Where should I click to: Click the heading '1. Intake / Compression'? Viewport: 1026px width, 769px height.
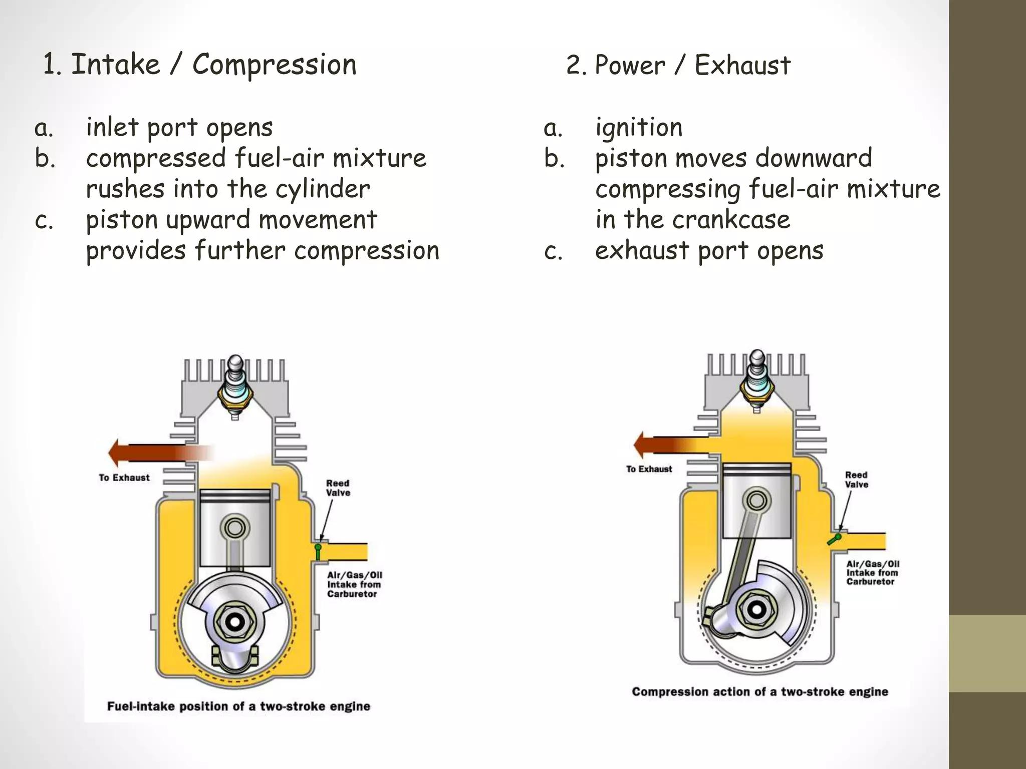coord(199,65)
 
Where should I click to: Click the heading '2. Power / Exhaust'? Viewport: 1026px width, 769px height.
coord(678,66)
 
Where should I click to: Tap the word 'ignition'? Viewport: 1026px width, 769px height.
coord(639,127)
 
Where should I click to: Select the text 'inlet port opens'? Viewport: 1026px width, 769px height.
coord(179,127)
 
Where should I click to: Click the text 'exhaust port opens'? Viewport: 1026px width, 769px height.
coord(709,250)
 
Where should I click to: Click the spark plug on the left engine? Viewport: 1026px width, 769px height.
coord(235,386)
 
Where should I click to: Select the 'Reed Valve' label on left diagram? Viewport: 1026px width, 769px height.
coord(338,488)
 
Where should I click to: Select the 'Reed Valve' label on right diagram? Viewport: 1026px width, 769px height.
coord(856,480)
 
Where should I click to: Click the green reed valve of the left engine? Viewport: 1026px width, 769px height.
coord(318,552)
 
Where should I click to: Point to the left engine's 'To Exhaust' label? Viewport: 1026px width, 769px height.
coord(124,478)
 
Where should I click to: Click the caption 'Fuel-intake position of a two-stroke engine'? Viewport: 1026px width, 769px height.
coord(238,706)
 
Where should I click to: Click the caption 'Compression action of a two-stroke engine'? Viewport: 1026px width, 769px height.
coord(759,692)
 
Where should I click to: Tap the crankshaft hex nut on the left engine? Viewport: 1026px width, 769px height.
coord(234,622)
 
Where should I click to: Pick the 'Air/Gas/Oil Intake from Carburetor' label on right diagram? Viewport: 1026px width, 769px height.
coord(872,573)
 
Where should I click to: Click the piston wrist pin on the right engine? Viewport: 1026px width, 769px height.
coord(756,500)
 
